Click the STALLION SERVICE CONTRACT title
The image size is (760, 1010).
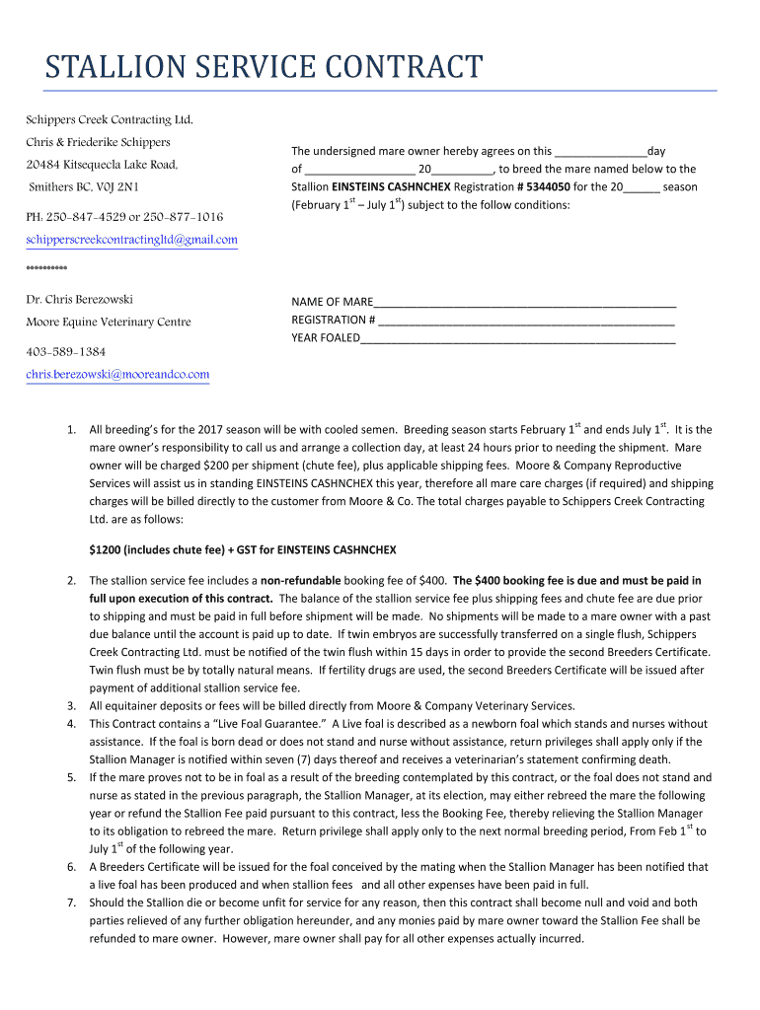coord(265,68)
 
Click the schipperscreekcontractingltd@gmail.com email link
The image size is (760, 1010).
coord(131,240)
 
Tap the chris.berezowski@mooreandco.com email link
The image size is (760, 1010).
coord(117,374)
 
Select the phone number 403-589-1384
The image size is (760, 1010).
coord(66,351)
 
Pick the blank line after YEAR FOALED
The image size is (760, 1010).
coord(517,337)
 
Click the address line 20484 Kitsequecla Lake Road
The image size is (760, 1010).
coord(102,164)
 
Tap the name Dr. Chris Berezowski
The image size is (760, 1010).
coord(79,299)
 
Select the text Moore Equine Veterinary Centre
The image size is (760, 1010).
coord(109,322)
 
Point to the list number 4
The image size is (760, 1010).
coord(71,724)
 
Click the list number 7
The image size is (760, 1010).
coord(71,902)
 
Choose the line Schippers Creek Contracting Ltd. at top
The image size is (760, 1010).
coord(109,119)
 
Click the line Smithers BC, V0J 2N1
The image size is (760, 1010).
coord(84,186)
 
